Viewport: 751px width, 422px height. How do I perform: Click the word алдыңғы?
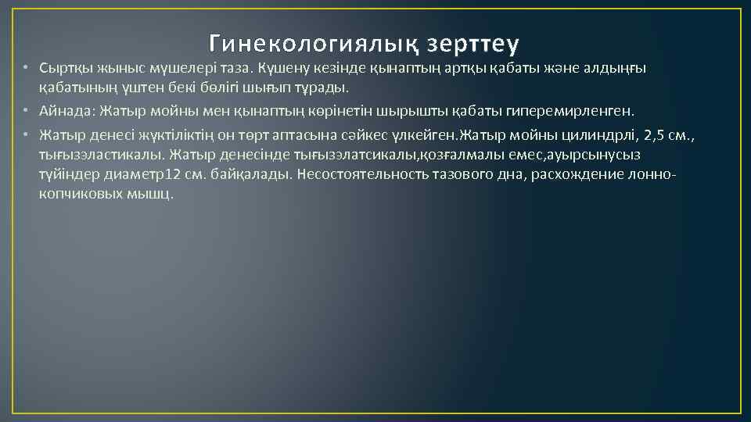pos(618,68)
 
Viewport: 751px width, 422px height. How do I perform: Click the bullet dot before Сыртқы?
pos(26,68)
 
